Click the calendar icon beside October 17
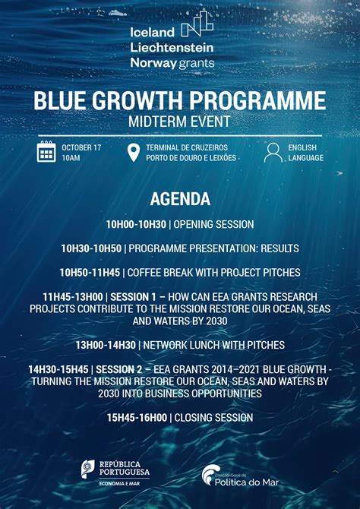(x=46, y=152)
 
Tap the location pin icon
(x=134, y=152)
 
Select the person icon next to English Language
(x=273, y=152)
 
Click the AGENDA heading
(x=180, y=199)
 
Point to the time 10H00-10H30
(x=135, y=225)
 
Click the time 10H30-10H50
(x=91, y=248)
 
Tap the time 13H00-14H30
(x=105, y=345)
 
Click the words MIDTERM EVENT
(x=180, y=122)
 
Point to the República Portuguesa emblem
(x=88, y=469)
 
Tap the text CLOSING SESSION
(x=215, y=418)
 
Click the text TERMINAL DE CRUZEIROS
(x=187, y=147)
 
